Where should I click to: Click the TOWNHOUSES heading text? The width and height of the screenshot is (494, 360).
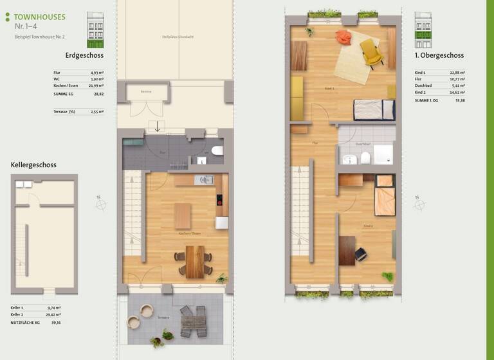(39, 17)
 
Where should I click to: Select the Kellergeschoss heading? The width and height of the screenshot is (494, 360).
(33, 165)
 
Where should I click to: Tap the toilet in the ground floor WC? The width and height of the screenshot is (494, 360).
(217, 152)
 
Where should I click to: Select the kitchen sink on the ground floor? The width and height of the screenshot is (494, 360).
(205, 180)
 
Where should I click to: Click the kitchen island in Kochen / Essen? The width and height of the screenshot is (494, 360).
(183, 215)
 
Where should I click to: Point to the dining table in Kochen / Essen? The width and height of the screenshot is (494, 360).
(194, 261)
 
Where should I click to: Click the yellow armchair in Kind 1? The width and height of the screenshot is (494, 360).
(371, 53)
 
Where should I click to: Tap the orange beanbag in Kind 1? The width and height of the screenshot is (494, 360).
(344, 38)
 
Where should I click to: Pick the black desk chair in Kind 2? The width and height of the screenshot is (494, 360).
(360, 255)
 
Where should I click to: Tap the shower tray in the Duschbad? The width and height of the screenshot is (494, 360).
(383, 154)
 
